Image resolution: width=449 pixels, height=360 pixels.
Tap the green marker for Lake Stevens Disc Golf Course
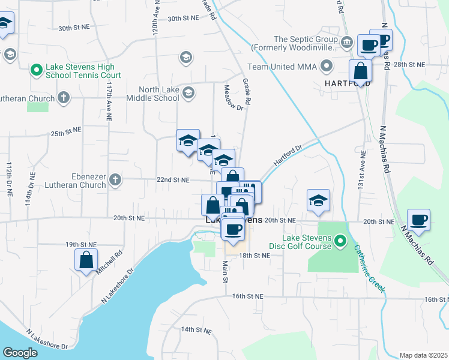point(340,242)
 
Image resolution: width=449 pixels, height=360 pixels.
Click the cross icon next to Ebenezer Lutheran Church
point(115,179)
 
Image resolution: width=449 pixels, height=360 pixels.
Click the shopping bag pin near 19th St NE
point(86,259)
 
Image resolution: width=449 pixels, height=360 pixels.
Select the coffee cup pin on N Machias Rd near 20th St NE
point(418,219)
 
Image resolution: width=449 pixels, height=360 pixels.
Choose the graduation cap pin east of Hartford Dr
point(318,200)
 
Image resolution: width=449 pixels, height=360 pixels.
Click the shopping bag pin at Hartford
point(360,70)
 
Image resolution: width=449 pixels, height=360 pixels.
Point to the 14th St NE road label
point(197,330)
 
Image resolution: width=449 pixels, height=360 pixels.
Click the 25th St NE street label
point(65,130)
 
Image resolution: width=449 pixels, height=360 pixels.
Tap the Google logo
point(20,352)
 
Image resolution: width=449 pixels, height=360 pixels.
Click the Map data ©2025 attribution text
point(423,355)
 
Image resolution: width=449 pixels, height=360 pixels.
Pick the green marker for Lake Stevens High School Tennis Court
point(36,70)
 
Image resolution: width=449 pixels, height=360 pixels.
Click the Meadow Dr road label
point(234,98)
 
